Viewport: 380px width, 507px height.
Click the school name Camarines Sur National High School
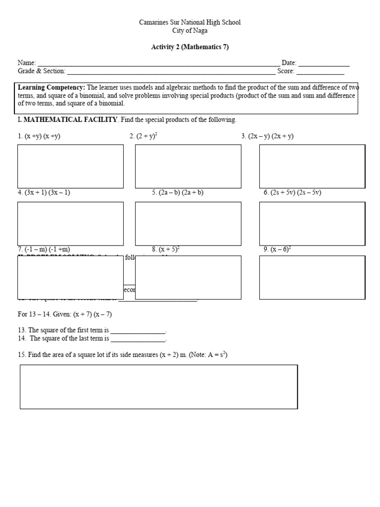190,23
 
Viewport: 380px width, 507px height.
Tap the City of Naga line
190,31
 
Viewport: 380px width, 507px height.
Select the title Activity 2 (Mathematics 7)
190,47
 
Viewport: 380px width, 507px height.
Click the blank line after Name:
158,64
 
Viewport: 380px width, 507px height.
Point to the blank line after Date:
324,64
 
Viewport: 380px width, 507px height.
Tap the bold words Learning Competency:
52,88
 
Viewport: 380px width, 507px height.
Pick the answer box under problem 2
188,166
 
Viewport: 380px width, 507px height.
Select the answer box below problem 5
188,224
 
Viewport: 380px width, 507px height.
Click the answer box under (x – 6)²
312,277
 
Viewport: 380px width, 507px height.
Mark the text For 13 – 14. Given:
45,314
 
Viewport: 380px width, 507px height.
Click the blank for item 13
138,330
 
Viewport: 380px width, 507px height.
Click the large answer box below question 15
159,387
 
